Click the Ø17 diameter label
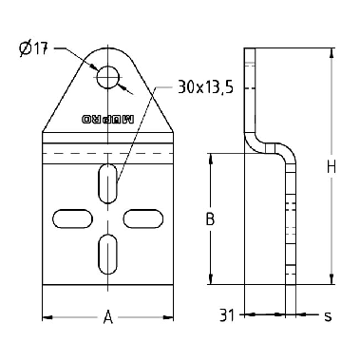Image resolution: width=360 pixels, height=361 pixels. point(33,49)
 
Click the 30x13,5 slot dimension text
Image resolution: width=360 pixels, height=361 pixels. point(205,87)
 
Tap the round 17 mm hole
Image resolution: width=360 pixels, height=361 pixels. point(108,77)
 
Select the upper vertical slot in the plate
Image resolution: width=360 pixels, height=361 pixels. point(108,183)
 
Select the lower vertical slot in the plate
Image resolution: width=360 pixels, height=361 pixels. point(108,254)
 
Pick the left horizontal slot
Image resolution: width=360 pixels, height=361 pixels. point(73,218)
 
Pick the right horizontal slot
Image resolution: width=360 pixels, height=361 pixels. point(143,218)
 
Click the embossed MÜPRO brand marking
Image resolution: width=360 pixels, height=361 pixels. point(108,120)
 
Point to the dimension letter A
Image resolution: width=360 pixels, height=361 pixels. point(108,317)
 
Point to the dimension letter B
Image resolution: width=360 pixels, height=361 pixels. point(210,218)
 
